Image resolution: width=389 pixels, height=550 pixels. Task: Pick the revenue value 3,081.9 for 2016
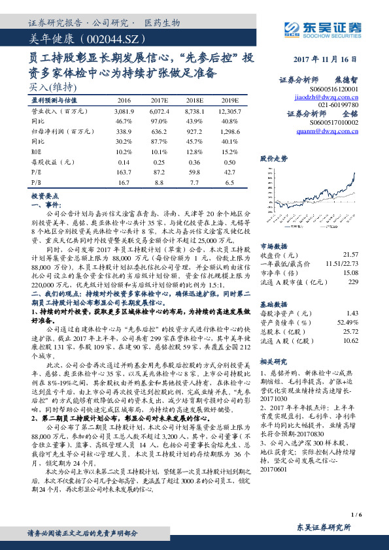124,112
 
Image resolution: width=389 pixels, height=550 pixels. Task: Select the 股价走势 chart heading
274,159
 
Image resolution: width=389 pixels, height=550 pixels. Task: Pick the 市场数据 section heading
274,246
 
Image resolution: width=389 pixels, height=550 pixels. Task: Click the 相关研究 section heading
274,361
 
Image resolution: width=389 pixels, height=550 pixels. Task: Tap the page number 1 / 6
356,514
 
